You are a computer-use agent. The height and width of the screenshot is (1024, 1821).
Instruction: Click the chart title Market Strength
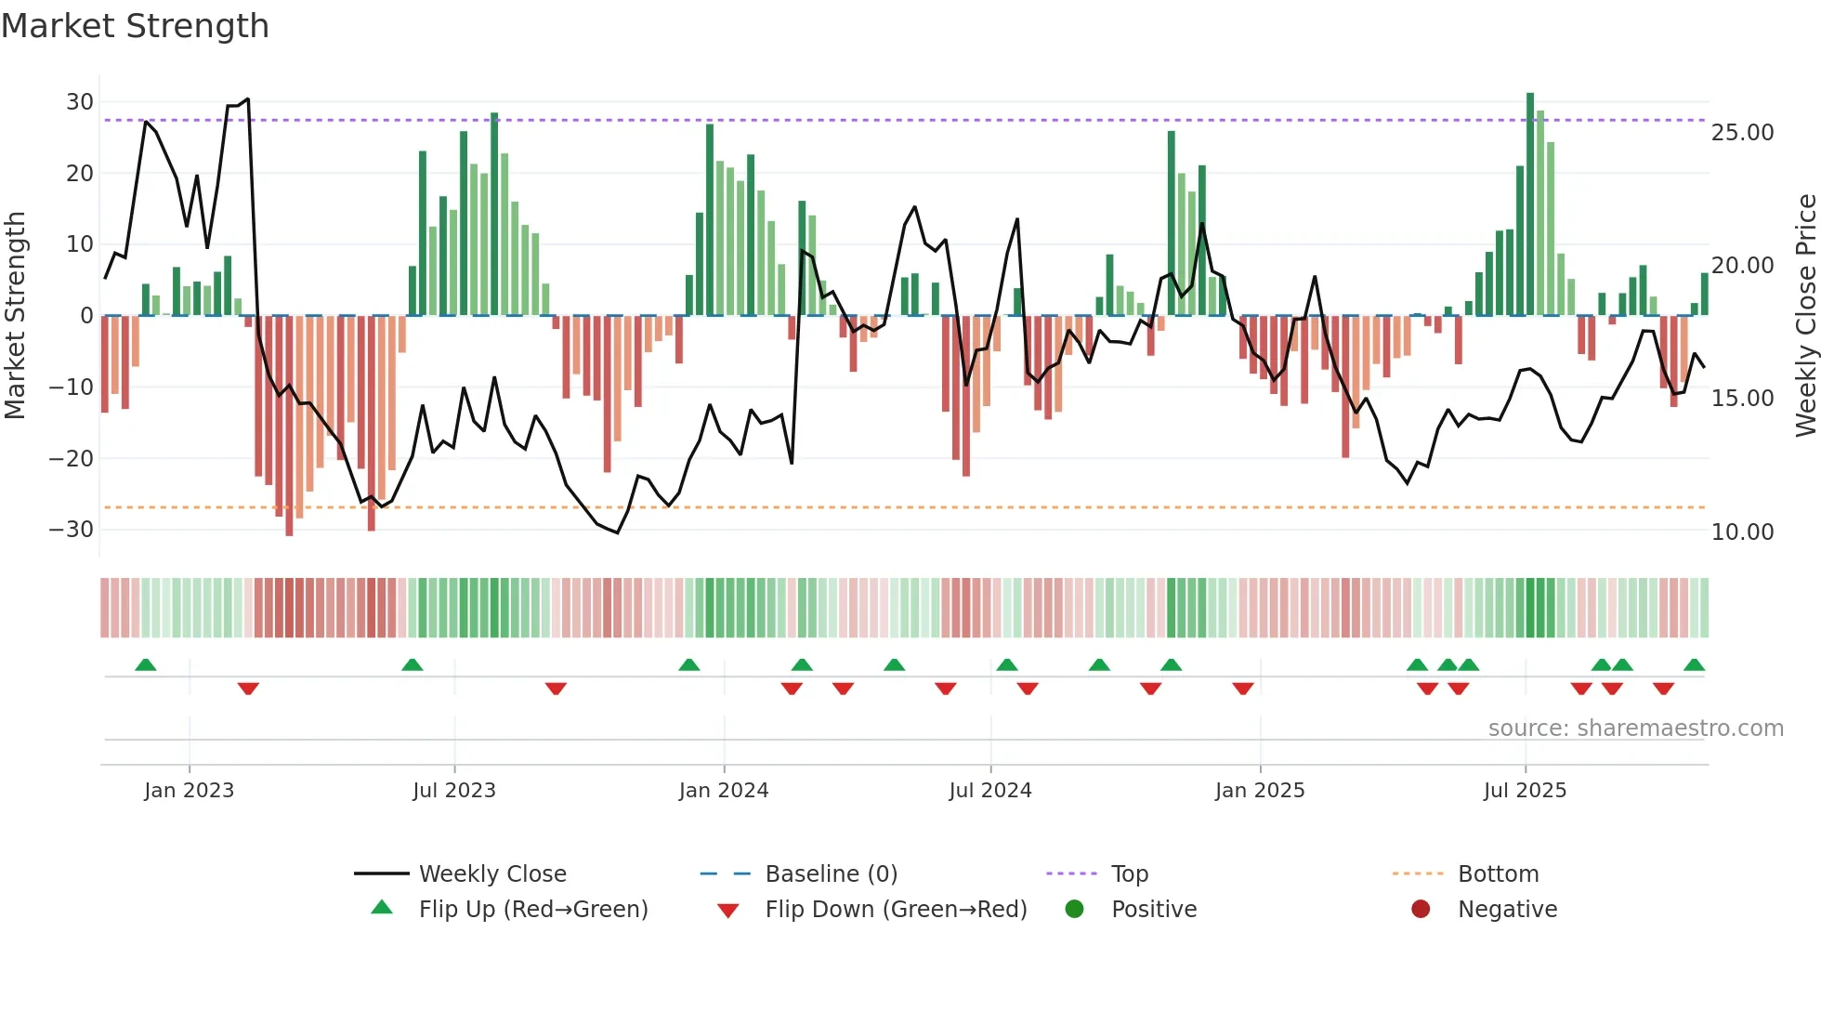coord(135,26)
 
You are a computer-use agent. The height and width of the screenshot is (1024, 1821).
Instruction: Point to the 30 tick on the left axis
coord(80,102)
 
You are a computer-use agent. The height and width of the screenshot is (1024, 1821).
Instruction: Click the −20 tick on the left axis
coord(72,458)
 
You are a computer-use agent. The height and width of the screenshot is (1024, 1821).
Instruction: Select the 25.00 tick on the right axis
coord(1743,133)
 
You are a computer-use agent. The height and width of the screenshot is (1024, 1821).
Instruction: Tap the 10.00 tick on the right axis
coord(1743,532)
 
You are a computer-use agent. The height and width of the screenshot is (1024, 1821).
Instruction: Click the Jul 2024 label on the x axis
coord(990,791)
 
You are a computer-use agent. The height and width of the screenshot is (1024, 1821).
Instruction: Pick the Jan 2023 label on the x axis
coord(190,791)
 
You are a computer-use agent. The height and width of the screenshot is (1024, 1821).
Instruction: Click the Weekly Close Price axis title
coord(1805,315)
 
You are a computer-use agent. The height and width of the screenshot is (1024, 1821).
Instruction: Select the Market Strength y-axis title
coord(15,315)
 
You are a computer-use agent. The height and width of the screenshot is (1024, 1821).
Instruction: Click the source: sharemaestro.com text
coord(1635,729)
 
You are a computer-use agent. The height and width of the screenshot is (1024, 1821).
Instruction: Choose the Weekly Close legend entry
coord(492,874)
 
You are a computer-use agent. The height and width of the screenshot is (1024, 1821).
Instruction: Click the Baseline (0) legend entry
coord(831,874)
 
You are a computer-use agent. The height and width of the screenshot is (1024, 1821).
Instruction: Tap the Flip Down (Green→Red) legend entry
coord(896,910)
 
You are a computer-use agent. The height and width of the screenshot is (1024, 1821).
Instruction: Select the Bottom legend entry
coord(1498,874)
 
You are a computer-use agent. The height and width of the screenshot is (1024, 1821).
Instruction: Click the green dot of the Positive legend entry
coord(1075,910)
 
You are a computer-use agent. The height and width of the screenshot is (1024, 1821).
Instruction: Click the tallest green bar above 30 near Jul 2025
coord(1530,186)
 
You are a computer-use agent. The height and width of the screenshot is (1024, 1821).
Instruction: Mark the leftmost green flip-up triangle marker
coord(146,664)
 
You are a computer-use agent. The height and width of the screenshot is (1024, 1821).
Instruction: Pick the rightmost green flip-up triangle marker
coord(1694,664)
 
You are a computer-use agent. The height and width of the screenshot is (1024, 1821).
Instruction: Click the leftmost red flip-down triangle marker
coord(248,689)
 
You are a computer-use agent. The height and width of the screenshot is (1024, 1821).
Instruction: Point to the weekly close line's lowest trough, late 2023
coord(617,532)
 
